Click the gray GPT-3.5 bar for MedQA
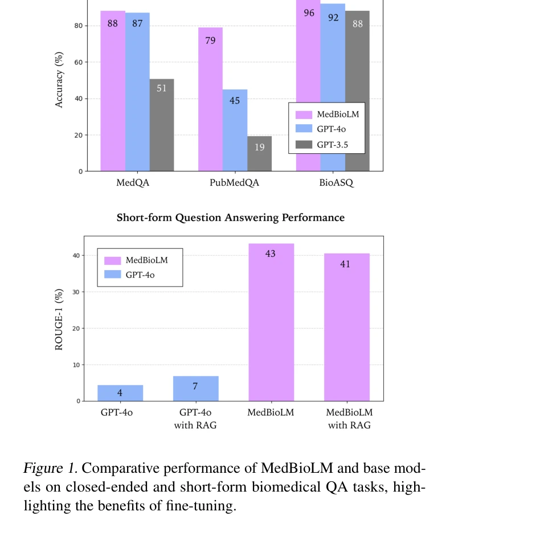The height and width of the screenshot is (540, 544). [162, 125]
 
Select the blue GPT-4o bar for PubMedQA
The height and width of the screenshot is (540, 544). [235, 130]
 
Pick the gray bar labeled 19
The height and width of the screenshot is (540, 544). [259, 153]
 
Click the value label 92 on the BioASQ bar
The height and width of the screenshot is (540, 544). [333, 18]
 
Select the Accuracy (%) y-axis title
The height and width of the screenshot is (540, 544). [59, 80]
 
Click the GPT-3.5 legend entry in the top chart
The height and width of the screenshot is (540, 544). [332, 145]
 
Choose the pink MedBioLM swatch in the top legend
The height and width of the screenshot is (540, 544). [304, 114]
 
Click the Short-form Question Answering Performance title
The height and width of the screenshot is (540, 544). [231, 218]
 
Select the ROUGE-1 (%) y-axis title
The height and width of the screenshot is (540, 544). [59, 318]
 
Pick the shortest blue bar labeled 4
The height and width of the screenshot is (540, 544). [120, 393]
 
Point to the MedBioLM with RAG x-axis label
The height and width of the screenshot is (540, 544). [349, 418]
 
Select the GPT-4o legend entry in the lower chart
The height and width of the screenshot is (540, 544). [140, 275]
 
